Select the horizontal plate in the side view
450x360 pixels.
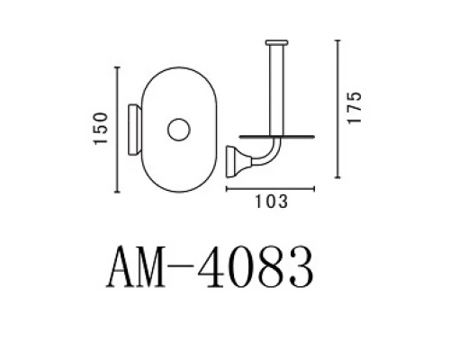pos(270,132)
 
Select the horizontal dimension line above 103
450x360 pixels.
pos(270,189)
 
